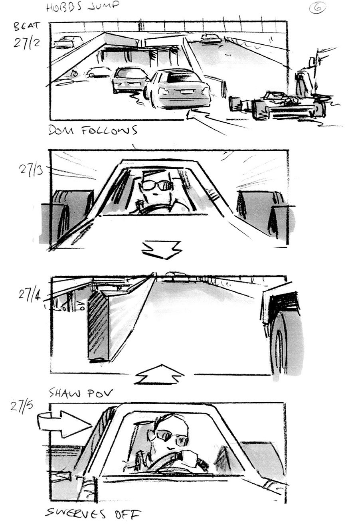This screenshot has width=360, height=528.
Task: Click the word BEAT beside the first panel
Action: pyautogui.click(x=27, y=27)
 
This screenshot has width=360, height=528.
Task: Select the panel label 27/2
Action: pyautogui.click(x=26, y=42)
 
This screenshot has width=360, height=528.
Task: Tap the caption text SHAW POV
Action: pyautogui.click(x=81, y=393)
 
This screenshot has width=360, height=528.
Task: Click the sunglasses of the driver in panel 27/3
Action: pyautogui.click(x=155, y=185)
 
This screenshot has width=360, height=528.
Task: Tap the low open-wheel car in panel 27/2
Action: pyautogui.click(x=279, y=105)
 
